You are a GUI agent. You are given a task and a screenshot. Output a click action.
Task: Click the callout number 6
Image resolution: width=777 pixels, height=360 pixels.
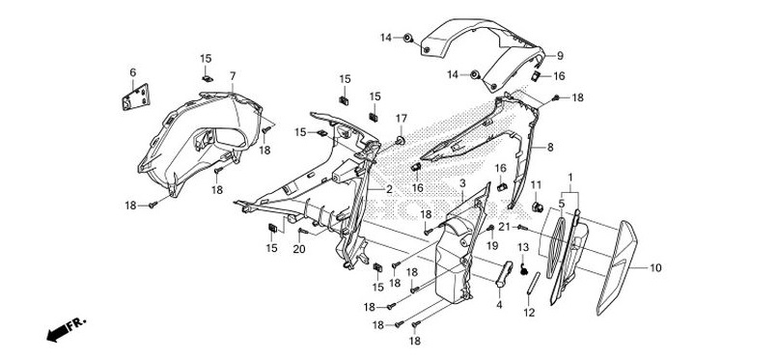coord(133,72)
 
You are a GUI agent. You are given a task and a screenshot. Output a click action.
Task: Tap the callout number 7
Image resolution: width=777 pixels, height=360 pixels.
coord(233,75)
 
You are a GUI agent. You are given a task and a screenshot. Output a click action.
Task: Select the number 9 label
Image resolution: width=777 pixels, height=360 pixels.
coord(560,56)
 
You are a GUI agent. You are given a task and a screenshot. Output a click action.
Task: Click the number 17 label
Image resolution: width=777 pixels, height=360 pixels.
coord(402,119)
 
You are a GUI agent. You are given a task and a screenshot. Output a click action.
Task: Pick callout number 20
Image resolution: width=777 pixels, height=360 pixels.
coord(299,249)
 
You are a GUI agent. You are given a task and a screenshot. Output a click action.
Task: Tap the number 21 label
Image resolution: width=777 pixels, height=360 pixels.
coord(503,226)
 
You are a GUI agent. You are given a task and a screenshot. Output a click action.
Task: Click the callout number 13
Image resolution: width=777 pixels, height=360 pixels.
coord(524,248)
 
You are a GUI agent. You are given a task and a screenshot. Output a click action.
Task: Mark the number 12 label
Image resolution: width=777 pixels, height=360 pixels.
coord(528,313)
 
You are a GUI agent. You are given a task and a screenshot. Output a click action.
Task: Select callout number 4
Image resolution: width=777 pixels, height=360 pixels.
coord(499,305)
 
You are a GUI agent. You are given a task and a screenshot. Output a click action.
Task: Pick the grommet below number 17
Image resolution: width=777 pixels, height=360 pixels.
coord(400,142)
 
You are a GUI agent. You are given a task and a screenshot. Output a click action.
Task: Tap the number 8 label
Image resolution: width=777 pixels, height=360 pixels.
coord(550,148)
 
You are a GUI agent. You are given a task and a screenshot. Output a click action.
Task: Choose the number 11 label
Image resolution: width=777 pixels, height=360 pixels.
coord(537,184)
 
